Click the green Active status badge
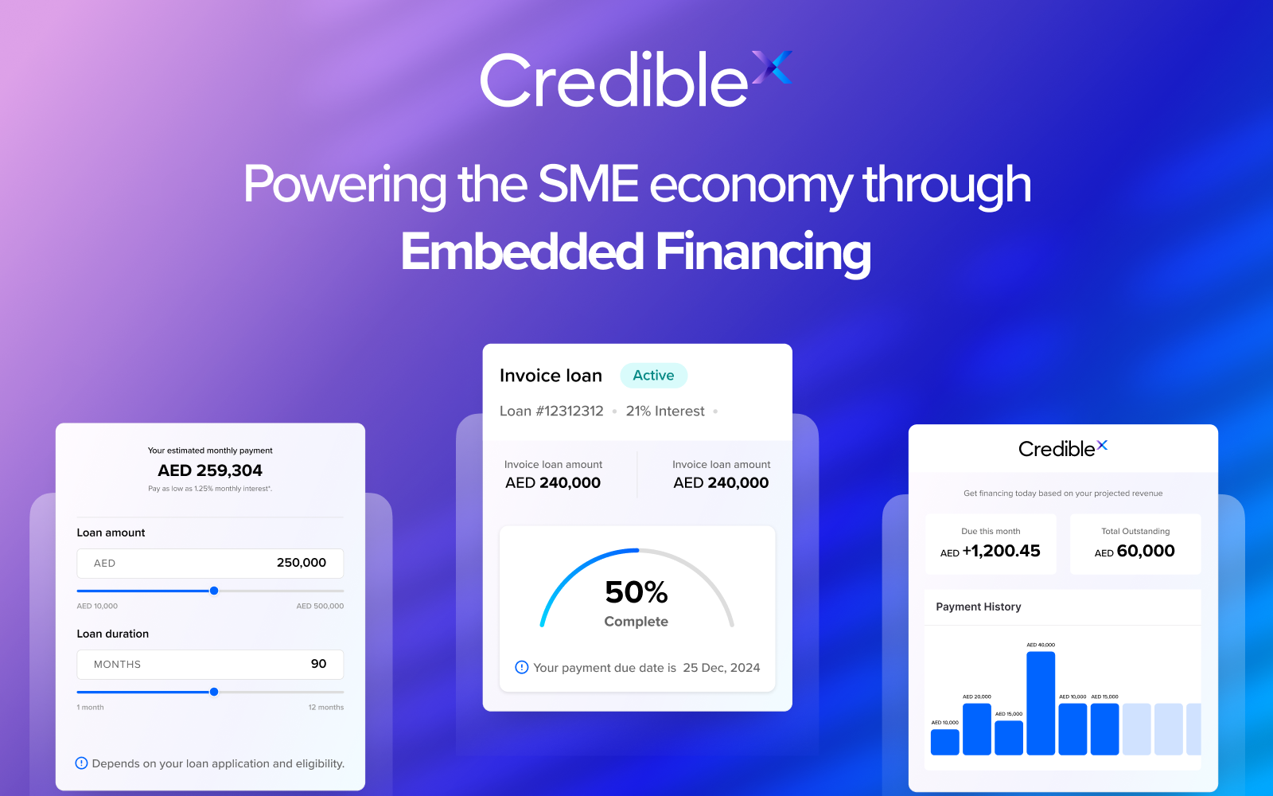click(653, 376)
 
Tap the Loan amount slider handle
click(214, 591)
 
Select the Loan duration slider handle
click(214, 692)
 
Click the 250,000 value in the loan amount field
click(301, 563)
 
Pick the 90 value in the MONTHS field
click(318, 664)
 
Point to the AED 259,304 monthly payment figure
click(210, 470)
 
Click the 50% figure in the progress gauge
click(636, 592)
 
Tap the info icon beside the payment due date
click(522, 667)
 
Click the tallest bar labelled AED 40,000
click(1041, 703)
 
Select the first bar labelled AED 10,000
click(944, 742)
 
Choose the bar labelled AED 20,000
click(977, 728)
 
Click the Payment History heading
click(979, 607)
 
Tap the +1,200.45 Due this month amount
click(1000, 551)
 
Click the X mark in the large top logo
click(772, 68)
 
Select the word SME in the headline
click(588, 184)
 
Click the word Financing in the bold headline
click(763, 252)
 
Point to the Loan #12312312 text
click(551, 412)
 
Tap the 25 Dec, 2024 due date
click(721, 668)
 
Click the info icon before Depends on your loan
click(81, 763)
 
